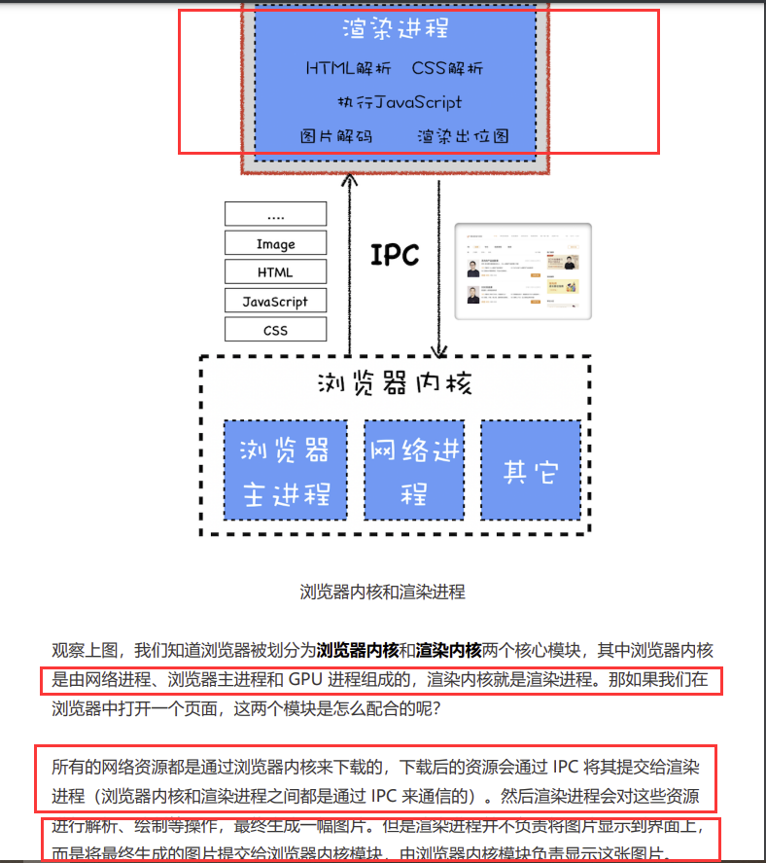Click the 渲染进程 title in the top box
click(395, 29)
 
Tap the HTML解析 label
click(349, 69)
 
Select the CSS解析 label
click(447, 69)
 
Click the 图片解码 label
click(336, 136)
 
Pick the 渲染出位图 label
click(463, 136)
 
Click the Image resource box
click(275, 243)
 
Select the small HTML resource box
click(275, 272)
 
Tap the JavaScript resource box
click(275, 302)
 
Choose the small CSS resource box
click(275, 330)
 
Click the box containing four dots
click(275, 215)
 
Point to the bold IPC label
click(395, 255)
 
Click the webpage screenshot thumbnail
click(523, 271)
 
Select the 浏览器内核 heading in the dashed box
click(395, 383)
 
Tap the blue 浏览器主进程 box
click(285, 470)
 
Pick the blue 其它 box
click(531, 470)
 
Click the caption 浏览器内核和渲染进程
click(382, 591)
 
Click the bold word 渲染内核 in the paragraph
click(449, 650)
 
